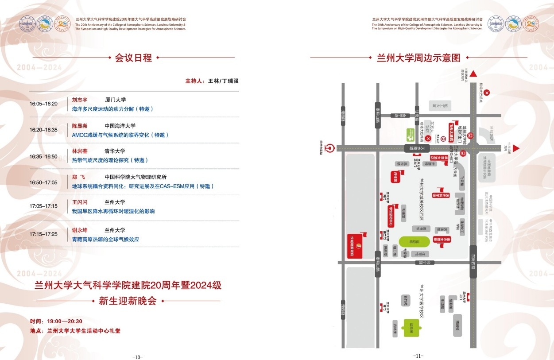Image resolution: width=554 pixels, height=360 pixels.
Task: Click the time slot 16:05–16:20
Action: [x=43, y=104]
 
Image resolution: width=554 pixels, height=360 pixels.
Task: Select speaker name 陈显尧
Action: [x=80, y=126]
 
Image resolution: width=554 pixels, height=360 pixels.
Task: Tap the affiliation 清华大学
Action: [x=115, y=151]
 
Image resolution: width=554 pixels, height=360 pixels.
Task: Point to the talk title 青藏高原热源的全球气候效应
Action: [x=105, y=239]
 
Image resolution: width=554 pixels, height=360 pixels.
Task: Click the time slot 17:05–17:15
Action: [x=43, y=206]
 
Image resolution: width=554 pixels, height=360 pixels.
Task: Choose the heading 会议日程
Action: [x=133, y=58]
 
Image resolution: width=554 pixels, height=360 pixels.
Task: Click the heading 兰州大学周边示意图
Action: [x=418, y=58]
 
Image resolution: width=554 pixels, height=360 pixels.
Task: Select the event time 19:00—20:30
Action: [x=65, y=321]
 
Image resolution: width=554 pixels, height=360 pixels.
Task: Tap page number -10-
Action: [x=138, y=357]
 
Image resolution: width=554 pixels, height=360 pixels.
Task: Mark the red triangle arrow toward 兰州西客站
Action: [x=473, y=74]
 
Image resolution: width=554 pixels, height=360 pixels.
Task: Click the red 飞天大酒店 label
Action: [x=453, y=128]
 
